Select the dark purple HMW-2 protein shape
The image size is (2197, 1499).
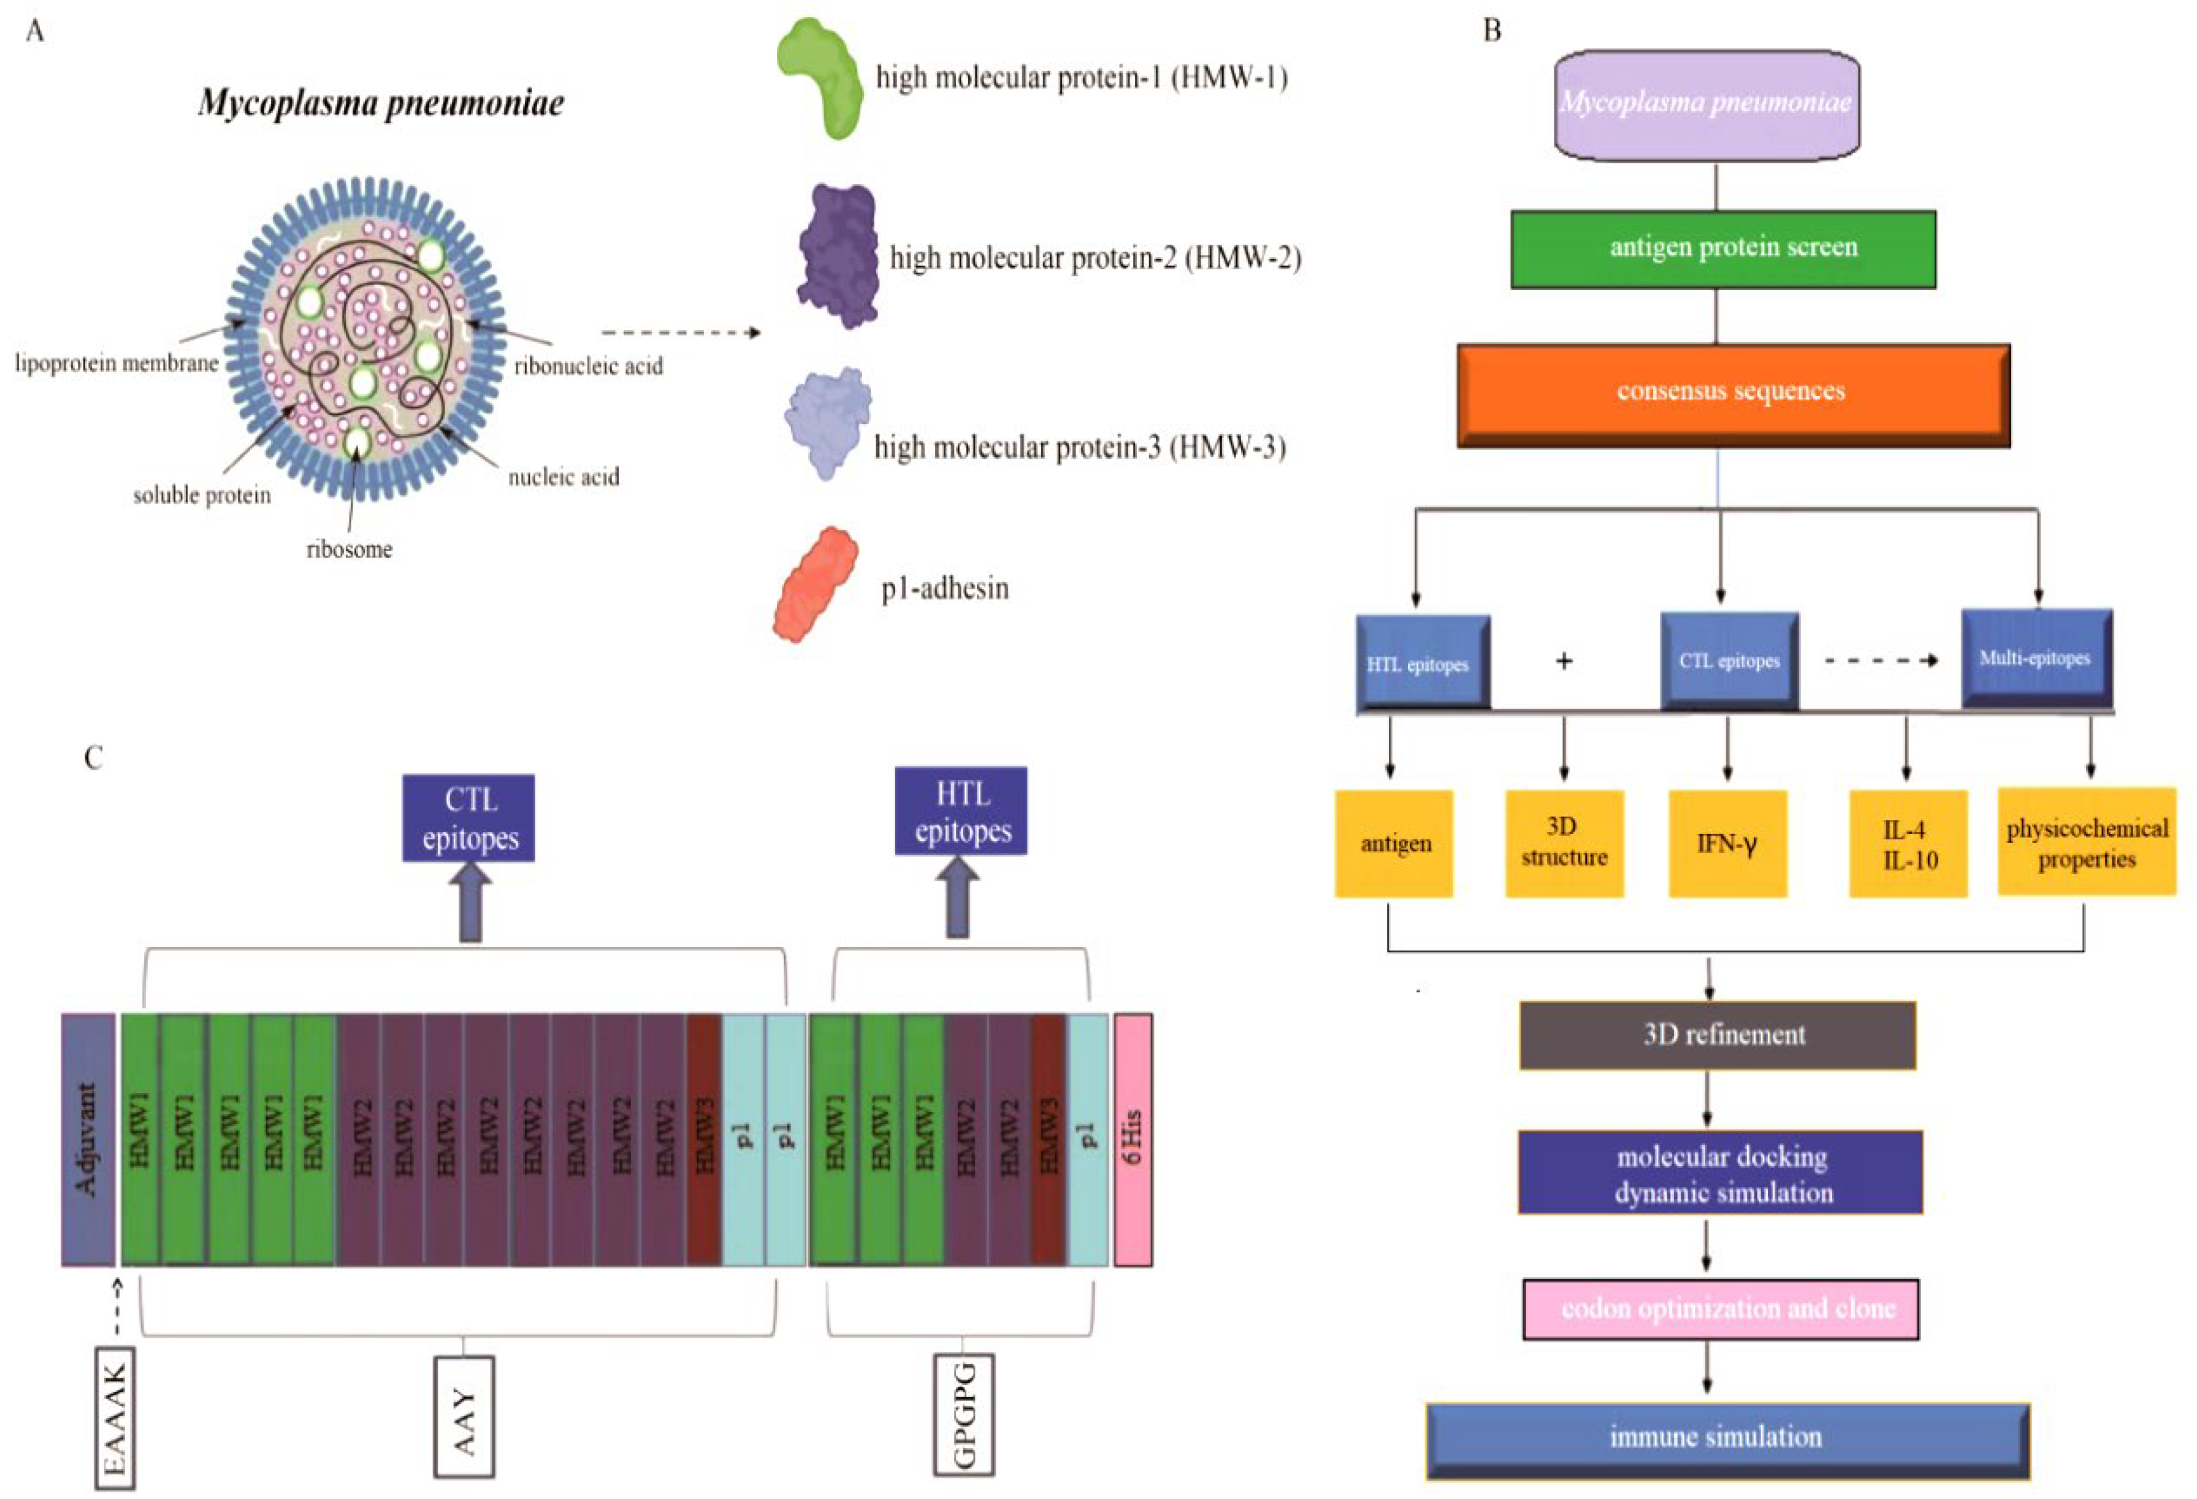[838, 257]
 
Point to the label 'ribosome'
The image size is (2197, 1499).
[349, 550]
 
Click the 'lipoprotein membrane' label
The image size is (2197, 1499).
[117, 363]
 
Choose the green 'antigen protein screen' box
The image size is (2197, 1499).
[1722, 249]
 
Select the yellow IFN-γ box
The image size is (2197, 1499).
[1727, 843]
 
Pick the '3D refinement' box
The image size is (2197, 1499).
[1717, 1035]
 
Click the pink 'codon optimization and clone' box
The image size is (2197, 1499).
[1721, 1309]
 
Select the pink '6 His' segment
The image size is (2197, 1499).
[1133, 1139]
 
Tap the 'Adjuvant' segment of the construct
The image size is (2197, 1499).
[88, 1139]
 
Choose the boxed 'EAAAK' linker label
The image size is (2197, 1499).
[115, 1419]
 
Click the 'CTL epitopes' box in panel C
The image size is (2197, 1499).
[469, 818]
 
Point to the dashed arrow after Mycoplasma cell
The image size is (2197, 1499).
[681, 332]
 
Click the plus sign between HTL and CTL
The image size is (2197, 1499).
[1564, 660]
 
